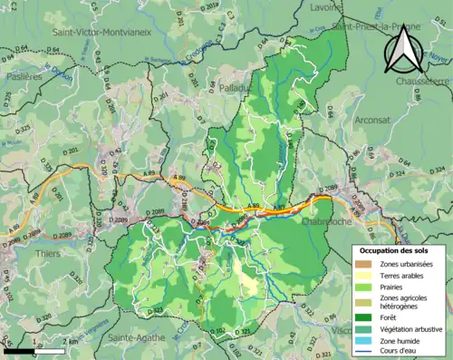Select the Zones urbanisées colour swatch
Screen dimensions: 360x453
[363, 264]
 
